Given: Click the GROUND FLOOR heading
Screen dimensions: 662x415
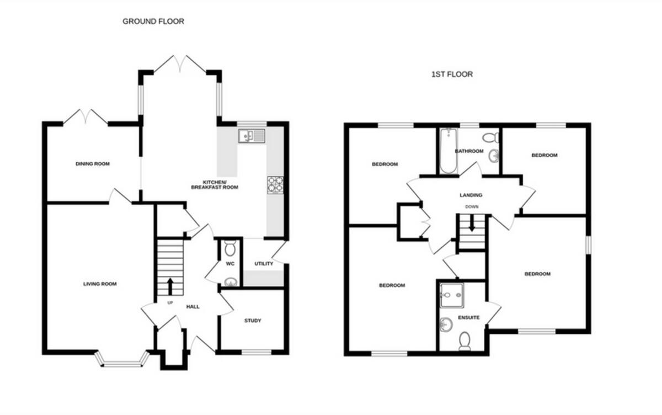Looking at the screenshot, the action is point(153,22).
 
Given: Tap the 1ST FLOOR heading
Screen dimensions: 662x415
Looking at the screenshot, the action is point(452,74).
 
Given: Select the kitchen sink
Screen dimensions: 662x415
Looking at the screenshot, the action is point(252,136).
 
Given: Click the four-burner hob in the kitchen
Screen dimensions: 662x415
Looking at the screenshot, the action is point(275,185).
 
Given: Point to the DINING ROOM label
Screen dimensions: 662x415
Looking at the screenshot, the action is point(93,164).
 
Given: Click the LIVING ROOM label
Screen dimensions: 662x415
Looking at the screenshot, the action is point(100,284).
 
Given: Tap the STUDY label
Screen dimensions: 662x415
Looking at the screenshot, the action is point(253,321).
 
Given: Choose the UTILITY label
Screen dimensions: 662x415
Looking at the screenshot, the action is point(264,263).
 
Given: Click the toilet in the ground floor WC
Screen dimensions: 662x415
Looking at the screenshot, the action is point(230,248).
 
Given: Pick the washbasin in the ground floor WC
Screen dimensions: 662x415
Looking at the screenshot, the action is point(231,282).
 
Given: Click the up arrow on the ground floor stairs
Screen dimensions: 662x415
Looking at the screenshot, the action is point(170,286).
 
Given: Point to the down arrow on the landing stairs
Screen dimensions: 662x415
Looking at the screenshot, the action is point(472,223).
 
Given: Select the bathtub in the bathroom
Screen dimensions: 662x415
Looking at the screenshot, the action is point(449,151).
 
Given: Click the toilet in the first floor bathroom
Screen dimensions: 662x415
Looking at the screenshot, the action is point(490,138).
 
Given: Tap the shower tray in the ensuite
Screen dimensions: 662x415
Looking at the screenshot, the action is point(452,295).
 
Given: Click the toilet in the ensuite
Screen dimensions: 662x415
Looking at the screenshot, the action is point(465,341).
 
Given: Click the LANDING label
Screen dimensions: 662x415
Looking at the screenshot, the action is point(471,195).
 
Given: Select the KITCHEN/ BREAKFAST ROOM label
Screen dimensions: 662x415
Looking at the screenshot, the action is point(215,185).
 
